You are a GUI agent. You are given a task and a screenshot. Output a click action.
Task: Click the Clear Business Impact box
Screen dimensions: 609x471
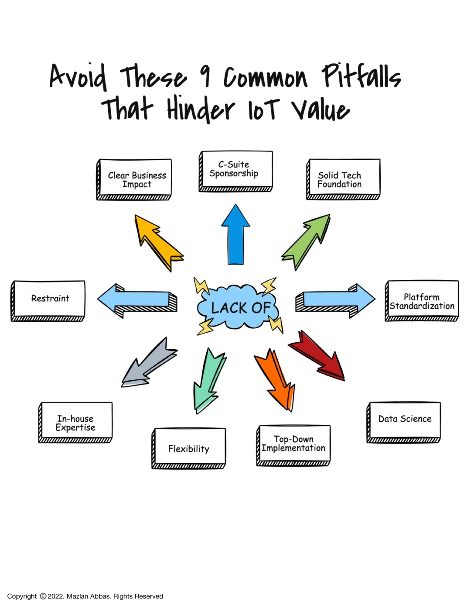point(134,179)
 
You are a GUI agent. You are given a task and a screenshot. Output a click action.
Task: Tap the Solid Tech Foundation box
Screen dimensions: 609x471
point(343,179)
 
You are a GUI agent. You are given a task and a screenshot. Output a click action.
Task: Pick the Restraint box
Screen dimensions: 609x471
point(48,300)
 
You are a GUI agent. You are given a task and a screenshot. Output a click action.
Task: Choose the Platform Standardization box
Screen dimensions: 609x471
point(422,301)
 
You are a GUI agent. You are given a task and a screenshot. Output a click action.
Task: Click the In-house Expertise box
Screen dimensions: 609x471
point(76,422)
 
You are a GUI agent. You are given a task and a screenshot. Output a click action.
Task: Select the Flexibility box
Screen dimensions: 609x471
point(189,448)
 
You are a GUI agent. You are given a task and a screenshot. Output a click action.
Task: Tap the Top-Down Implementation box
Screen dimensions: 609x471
point(294,445)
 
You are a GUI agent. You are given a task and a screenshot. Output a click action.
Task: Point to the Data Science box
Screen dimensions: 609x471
point(404,422)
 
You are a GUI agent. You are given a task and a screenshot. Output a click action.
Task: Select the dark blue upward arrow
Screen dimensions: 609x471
point(235,234)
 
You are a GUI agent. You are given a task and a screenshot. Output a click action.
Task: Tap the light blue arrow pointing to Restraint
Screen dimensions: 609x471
point(136,300)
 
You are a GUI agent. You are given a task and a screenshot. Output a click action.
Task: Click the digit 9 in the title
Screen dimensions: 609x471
point(205,76)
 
